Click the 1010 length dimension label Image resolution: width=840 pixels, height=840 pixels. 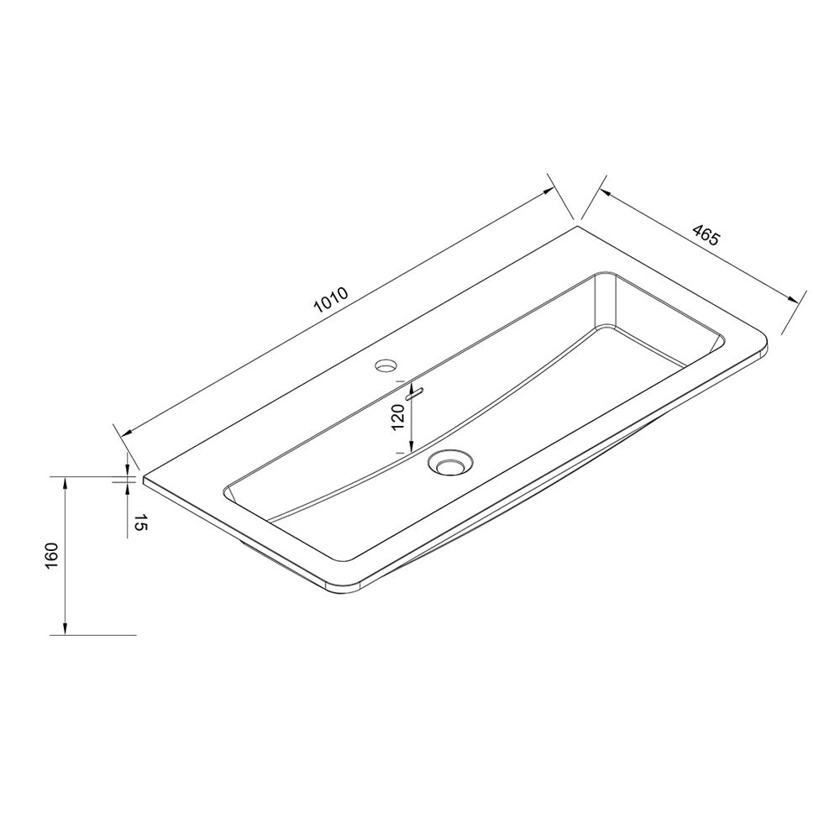(x=332, y=300)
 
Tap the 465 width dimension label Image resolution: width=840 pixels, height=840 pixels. (x=706, y=236)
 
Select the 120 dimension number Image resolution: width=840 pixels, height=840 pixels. (x=397, y=417)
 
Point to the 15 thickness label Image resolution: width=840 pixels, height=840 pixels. (x=139, y=522)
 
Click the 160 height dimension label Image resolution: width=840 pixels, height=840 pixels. (x=52, y=556)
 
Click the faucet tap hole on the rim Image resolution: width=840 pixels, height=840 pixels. (x=386, y=366)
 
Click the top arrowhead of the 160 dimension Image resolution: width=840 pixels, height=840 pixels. (x=65, y=483)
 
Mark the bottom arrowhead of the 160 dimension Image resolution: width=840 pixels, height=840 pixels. (x=65, y=628)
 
